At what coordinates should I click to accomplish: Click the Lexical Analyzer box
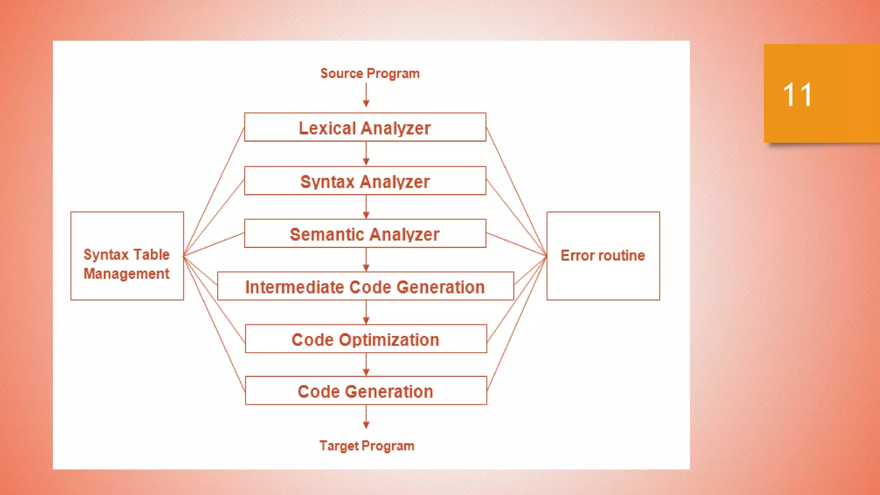coord(365,127)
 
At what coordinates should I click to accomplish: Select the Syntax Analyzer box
coord(365,181)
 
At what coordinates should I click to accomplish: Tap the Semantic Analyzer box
coord(365,234)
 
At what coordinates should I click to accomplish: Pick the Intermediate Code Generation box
coord(365,286)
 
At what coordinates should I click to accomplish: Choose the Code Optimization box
coord(366,339)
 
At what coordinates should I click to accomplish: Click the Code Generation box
coord(366,391)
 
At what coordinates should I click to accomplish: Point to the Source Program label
coord(370,73)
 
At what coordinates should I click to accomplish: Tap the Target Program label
coord(367,446)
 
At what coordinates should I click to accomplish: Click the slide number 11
coord(797,95)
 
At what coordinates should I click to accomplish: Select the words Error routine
coord(602,256)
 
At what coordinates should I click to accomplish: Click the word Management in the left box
coord(126,274)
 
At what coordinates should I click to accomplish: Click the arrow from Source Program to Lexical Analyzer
coord(366,95)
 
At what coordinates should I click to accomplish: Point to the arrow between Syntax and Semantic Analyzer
coord(366,207)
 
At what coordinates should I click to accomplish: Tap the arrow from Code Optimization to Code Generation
coord(366,364)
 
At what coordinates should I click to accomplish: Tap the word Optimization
coord(389,340)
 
